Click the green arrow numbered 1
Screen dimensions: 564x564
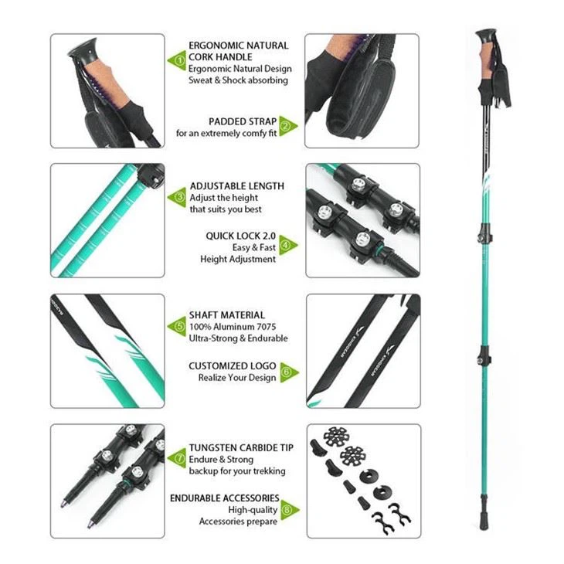click(x=178, y=58)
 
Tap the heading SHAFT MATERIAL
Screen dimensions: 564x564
click(x=226, y=315)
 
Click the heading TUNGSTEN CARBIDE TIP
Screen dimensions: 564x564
click(x=242, y=447)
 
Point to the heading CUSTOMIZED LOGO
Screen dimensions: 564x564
click(x=232, y=365)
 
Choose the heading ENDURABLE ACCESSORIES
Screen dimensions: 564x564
click(x=225, y=498)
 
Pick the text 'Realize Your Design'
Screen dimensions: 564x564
click(x=236, y=378)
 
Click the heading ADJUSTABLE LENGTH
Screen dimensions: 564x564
click(x=236, y=186)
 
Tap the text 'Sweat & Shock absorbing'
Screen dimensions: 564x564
click(x=239, y=80)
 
